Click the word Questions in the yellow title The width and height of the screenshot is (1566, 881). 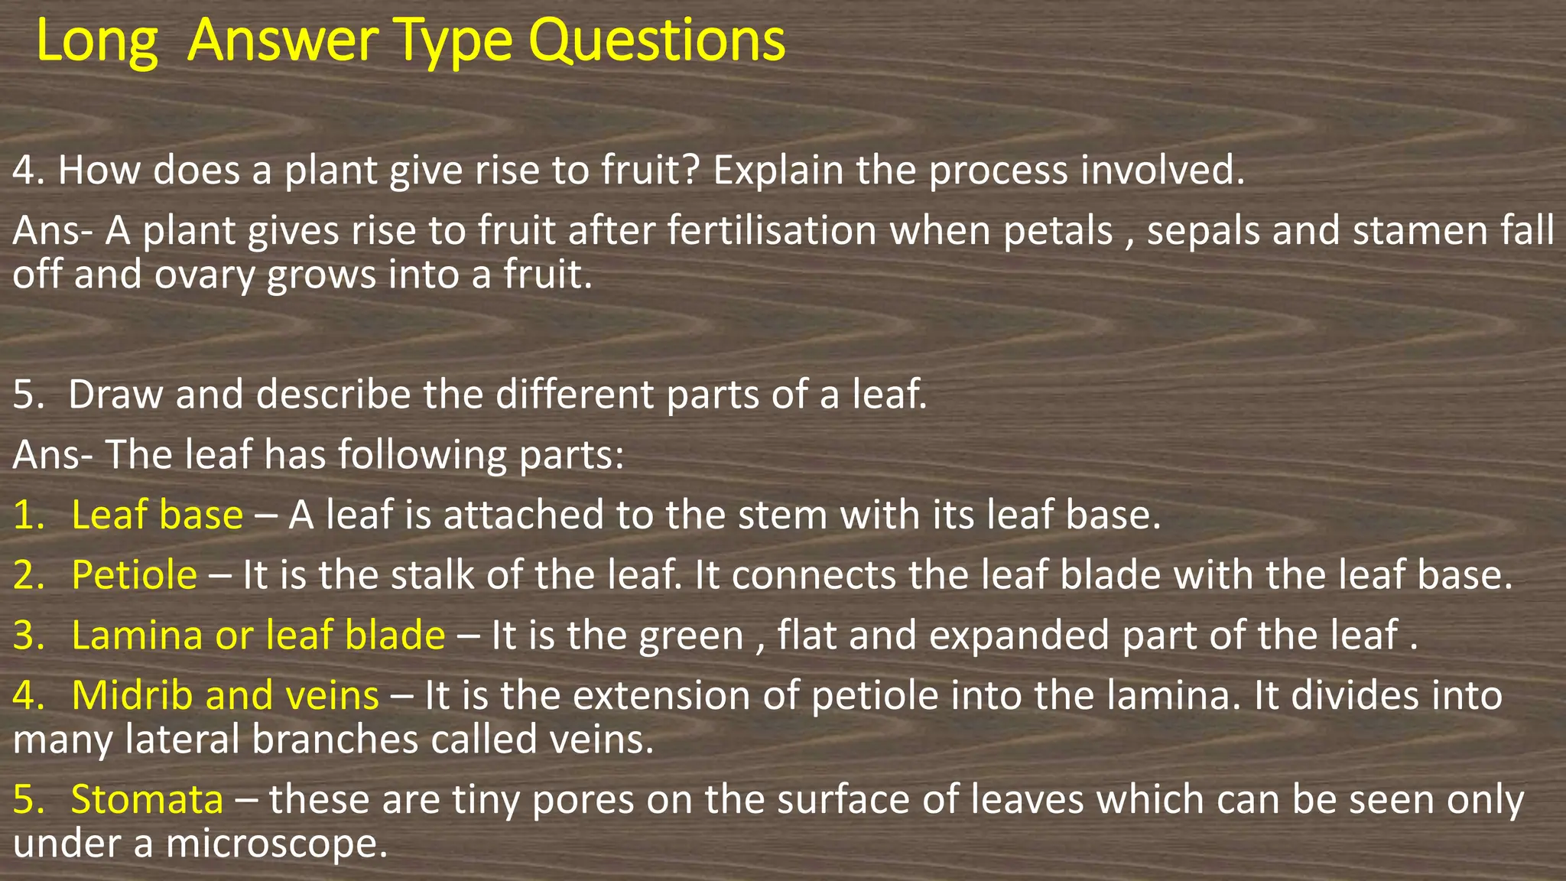[657, 41]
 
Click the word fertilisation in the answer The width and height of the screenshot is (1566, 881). [772, 231]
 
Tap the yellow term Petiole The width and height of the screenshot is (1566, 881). [134, 575]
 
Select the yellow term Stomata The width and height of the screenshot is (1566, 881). [147, 800]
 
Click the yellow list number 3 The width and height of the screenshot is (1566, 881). [28, 636]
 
